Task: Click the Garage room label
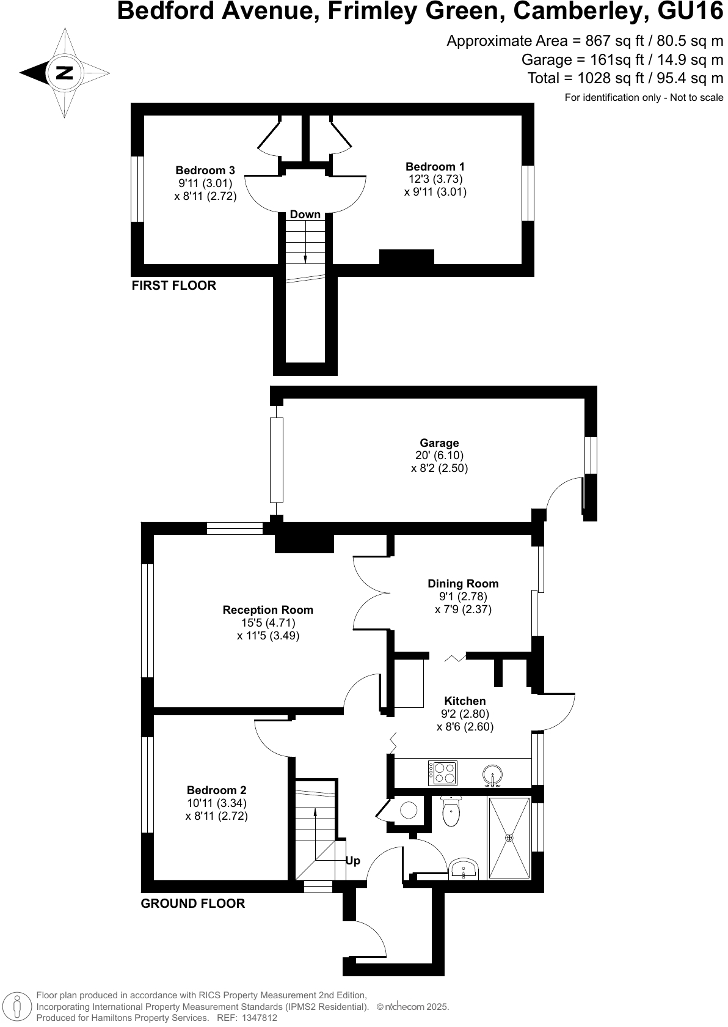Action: [x=439, y=443]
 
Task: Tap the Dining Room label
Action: [x=463, y=584]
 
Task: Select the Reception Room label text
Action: [x=268, y=610]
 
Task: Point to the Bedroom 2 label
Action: [x=216, y=790]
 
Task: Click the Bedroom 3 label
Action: [x=205, y=171]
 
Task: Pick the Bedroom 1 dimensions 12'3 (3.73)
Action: [x=435, y=179]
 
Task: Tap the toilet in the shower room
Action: [x=451, y=811]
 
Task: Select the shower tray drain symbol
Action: [x=509, y=837]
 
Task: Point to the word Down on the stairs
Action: [x=305, y=215]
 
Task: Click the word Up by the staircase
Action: [x=353, y=861]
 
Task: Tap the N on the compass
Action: [x=64, y=73]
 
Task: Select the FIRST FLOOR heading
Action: [x=174, y=285]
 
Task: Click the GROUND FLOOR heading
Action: [x=193, y=904]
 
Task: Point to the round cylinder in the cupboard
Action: [x=409, y=811]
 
